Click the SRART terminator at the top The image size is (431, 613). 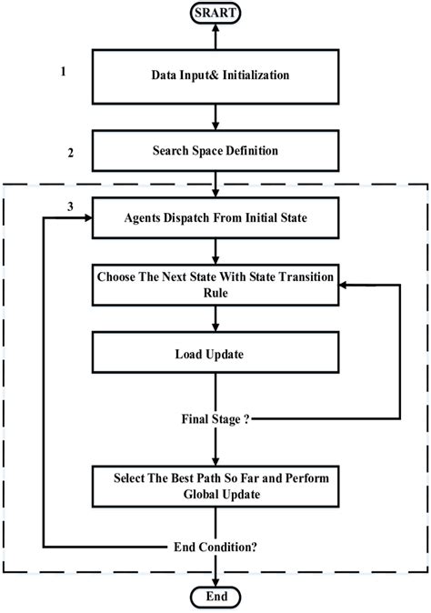[x=215, y=12]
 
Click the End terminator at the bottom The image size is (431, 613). [x=215, y=597]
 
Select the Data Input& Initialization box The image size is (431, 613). [x=215, y=75]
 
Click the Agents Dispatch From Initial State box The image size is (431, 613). [x=215, y=218]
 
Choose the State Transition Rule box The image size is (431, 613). [x=215, y=284]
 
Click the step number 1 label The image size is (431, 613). [x=63, y=70]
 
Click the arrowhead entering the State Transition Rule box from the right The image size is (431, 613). [x=343, y=284]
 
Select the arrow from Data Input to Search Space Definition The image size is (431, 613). [x=215, y=115]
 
